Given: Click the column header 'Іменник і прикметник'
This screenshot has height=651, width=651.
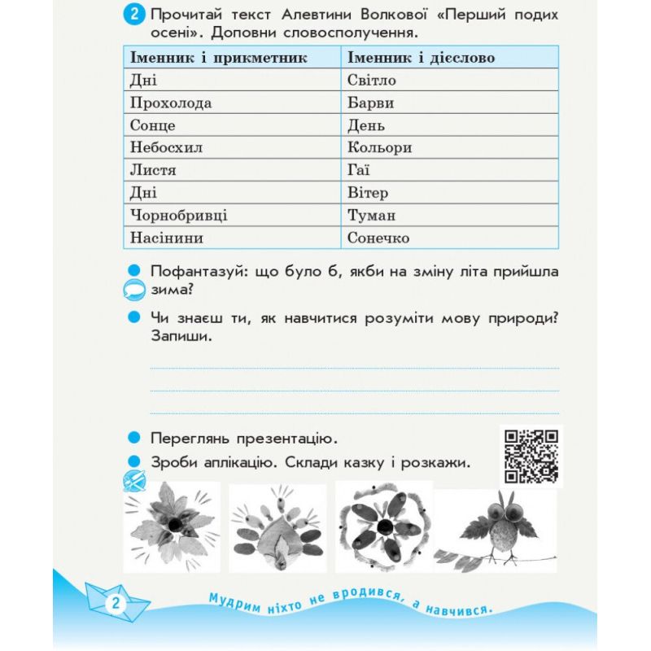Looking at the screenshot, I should coord(217,58).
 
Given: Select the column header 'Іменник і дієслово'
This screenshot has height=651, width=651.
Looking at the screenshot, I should coord(421,58).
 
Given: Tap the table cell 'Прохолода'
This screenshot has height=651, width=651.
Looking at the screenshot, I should coord(170,103).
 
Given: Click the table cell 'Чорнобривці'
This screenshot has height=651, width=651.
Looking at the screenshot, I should coord(178,216).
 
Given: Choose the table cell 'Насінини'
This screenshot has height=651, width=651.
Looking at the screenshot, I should coord(166,238).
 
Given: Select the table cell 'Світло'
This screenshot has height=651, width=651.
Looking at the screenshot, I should coord(371,81).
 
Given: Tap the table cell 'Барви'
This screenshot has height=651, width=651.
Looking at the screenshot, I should coord(370,103).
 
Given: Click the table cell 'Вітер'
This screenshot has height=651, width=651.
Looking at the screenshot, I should coord(367,193).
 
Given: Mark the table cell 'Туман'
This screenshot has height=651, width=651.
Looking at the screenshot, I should coord(371,216).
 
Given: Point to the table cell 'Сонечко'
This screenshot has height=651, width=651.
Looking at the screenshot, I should coord(378,238).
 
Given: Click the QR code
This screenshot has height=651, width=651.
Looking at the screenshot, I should coord(531,457).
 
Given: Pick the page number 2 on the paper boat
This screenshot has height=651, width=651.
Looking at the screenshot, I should coord(115,604).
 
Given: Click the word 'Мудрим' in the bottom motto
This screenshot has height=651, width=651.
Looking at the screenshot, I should coord(234,598).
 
